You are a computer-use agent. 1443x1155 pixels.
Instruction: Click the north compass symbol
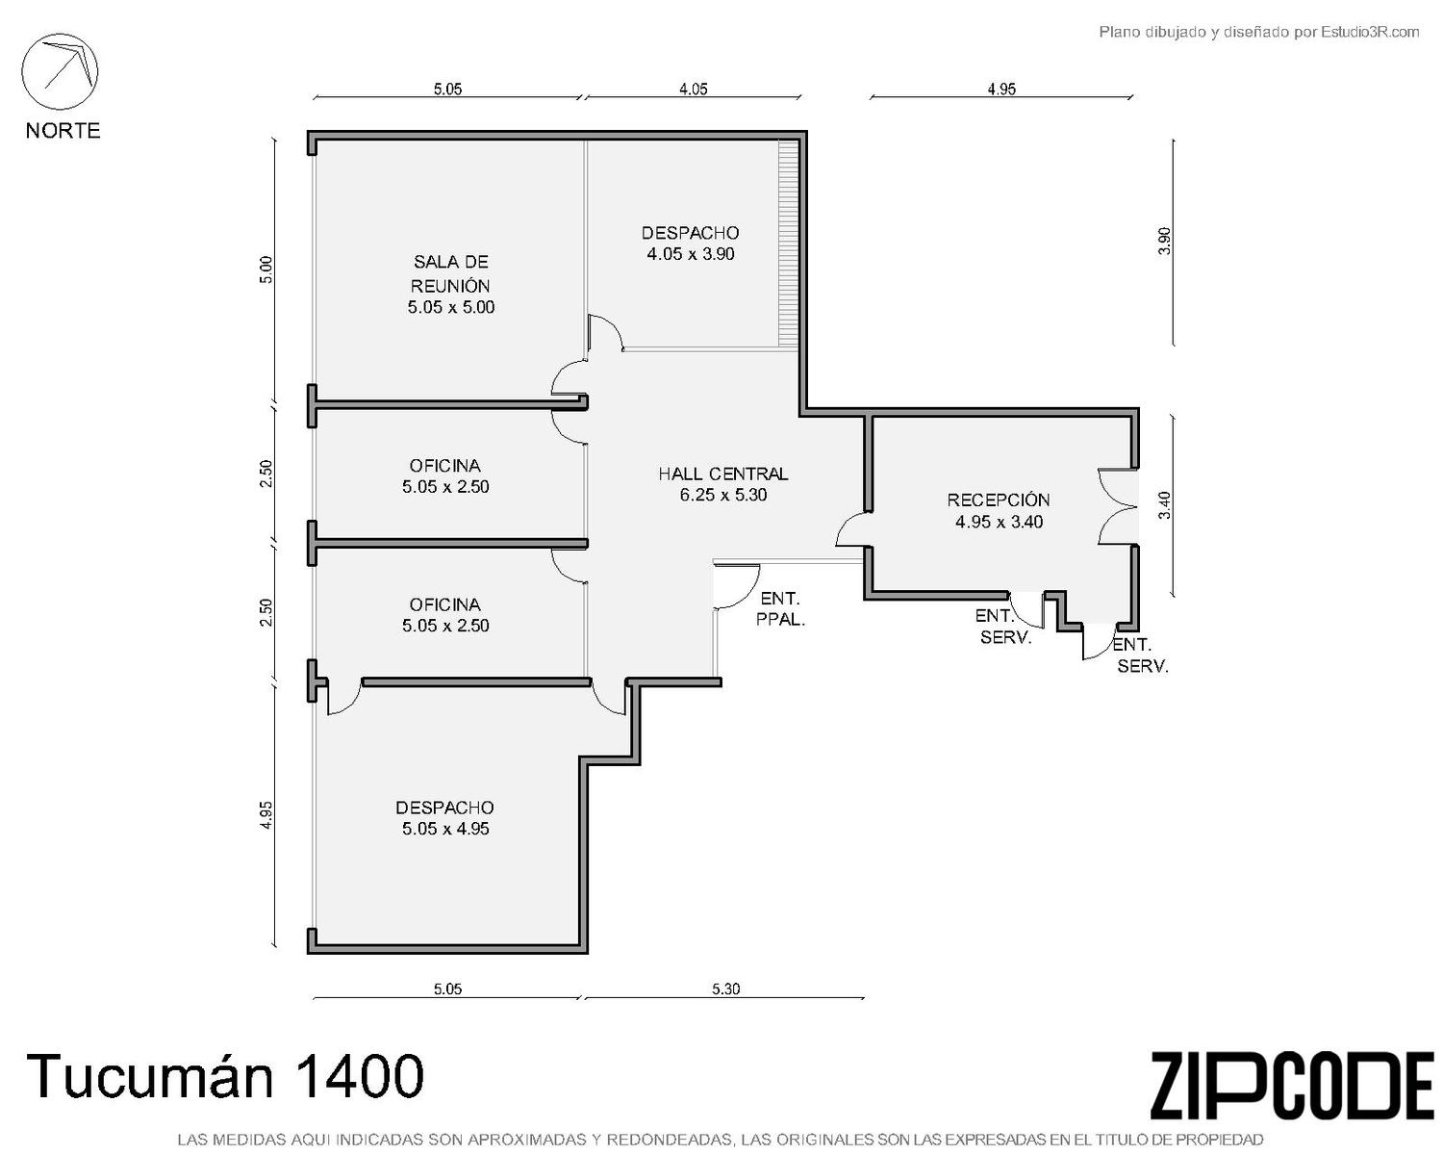(x=60, y=72)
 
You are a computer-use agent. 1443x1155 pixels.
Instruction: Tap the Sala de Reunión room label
(x=450, y=285)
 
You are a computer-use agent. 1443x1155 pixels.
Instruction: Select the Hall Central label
(x=722, y=484)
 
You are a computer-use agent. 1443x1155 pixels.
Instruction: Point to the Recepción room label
(x=999, y=511)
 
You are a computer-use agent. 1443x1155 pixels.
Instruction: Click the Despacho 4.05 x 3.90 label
(x=690, y=243)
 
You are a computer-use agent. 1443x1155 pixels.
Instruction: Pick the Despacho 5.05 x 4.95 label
(x=445, y=817)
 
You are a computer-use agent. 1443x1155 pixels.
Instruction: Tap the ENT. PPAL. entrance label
(x=780, y=608)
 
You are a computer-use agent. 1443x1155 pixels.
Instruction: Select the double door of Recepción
(x=1118, y=506)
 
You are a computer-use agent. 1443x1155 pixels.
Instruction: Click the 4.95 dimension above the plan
(x=1001, y=90)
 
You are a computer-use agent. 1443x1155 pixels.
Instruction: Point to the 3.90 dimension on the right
(x=1164, y=241)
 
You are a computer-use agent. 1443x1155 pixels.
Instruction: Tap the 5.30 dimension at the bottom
(x=725, y=988)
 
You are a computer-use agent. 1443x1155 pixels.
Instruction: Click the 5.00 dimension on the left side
(x=266, y=269)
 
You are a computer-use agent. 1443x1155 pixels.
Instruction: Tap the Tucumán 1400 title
(x=225, y=1076)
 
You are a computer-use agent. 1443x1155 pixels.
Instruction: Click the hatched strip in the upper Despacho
(x=789, y=244)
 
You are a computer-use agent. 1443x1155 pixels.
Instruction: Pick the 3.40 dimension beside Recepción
(x=1164, y=504)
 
